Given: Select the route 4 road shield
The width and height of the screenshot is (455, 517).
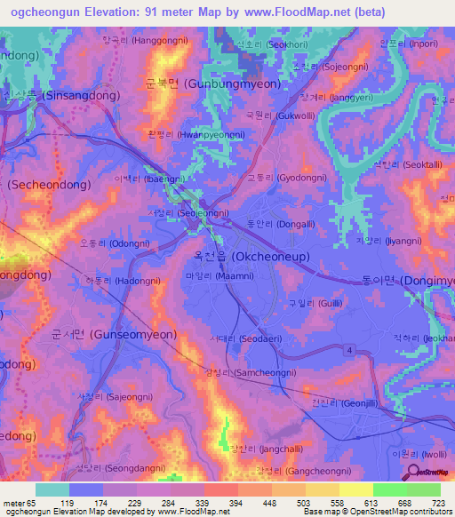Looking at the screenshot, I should pos(350,353).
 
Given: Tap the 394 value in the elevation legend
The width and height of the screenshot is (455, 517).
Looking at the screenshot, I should pos(220,502).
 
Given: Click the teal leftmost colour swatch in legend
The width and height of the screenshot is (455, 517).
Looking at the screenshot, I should pos(52,489).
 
